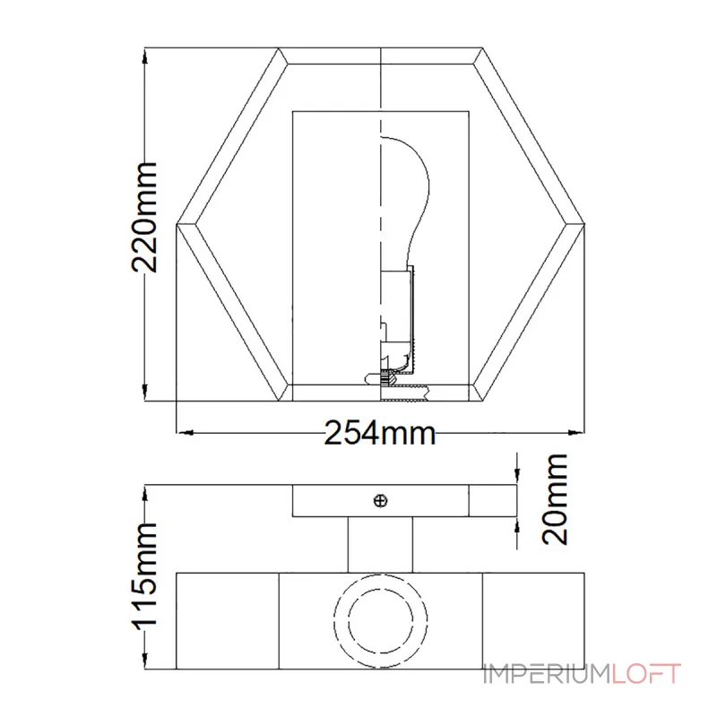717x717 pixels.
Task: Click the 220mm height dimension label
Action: point(144,217)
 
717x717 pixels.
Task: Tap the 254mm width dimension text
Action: point(379,433)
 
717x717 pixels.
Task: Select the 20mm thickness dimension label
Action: point(554,499)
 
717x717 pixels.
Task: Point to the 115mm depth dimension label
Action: point(144,576)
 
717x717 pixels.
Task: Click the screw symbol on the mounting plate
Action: point(380,501)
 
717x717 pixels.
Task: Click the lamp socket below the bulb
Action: point(397,320)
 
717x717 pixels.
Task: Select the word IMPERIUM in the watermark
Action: point(548,674)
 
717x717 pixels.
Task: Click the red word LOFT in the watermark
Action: point(646,674)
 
